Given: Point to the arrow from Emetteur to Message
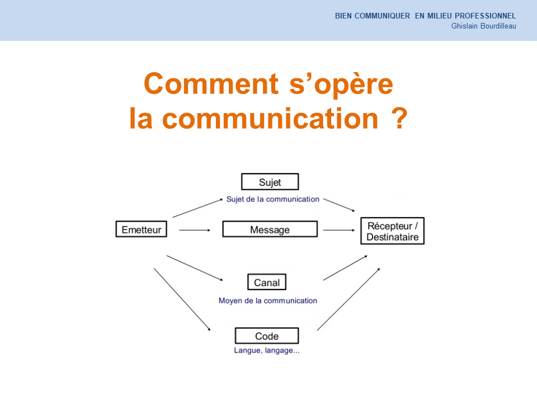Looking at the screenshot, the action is click(x=195, y=230).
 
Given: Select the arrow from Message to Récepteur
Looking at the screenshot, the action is click(x=339, y=230).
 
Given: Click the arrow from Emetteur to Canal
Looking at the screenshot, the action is click(x=195, y=268).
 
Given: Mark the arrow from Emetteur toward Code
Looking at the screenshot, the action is click(x=182, y=299).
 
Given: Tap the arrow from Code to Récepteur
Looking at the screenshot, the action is click(x=348, y=299).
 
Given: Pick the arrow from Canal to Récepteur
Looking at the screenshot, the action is click(x=345, y=268).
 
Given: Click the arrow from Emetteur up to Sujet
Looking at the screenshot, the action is click(x=197, y=208).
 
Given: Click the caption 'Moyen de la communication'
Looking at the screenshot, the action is click(x=268, y=301).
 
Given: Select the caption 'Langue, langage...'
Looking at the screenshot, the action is click(x=267, y=350).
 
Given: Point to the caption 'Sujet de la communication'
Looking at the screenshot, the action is click(x=272, y=199).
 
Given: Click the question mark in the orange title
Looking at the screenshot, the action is click(x=399, y=118).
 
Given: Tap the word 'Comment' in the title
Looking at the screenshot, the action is click(x=211, y=83).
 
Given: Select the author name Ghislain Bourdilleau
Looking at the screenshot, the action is click(x=483, y=26).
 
